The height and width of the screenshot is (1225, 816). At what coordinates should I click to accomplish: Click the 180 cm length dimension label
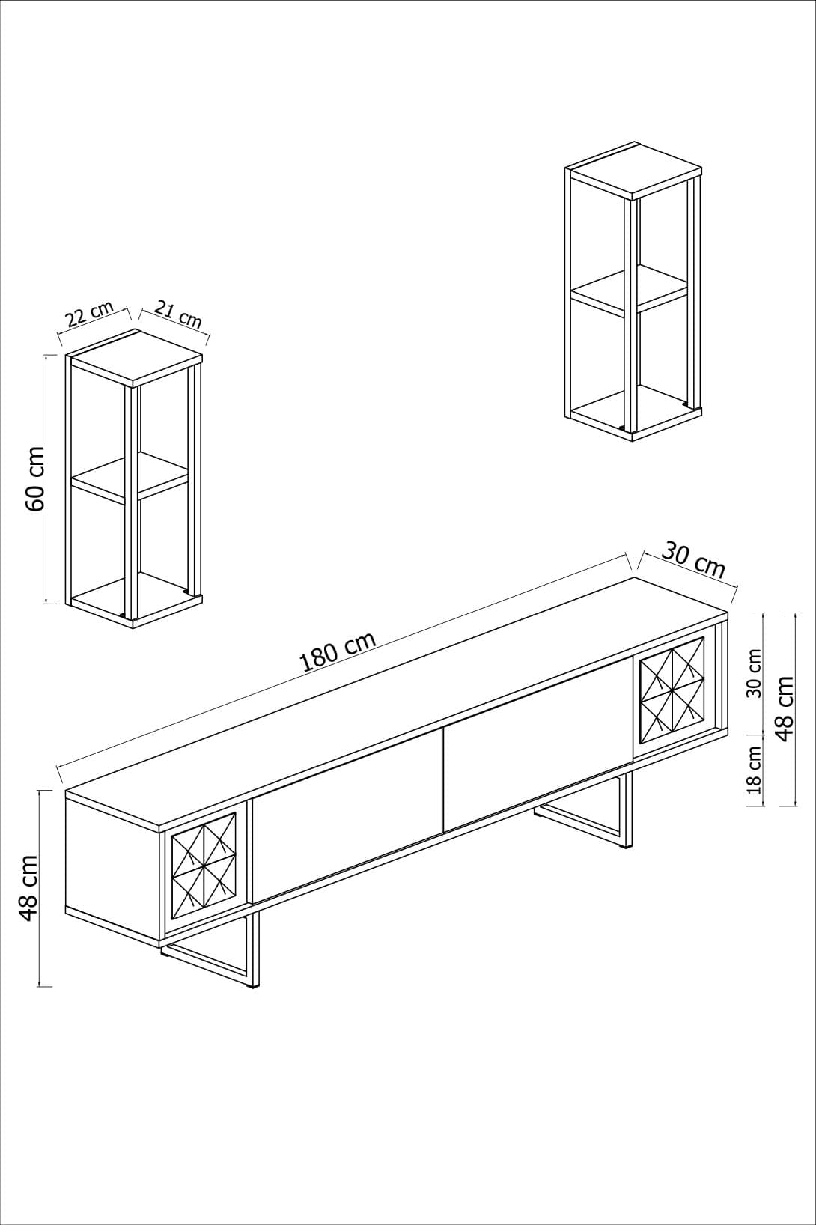pos(337,652)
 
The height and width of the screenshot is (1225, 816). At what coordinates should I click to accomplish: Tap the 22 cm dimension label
pos(89,314)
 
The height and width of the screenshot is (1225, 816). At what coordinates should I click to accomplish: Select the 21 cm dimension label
pos(178,314)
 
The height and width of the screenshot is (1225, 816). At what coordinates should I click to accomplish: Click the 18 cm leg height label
pos(754,769)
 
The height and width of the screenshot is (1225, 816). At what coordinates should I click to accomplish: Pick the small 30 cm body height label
pos(754,672)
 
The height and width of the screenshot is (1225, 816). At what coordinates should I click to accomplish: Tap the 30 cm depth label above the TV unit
pos(693,561)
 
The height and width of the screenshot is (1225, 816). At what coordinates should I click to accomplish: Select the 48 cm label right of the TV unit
pos(785,708)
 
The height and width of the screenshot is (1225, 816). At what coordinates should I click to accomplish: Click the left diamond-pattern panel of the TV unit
pos(204,865)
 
